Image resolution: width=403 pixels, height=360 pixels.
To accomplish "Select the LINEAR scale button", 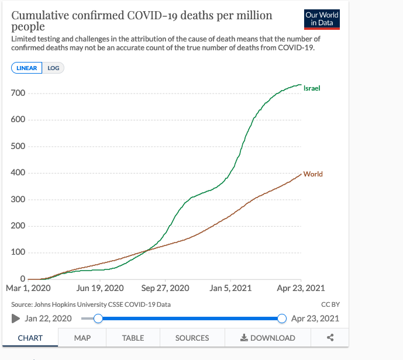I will coord(26,68).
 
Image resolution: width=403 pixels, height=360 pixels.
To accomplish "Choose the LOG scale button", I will coord(53,68).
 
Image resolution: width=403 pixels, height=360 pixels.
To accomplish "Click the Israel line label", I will coord(312,88).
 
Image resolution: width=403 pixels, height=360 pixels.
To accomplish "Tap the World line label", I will coord(313,174).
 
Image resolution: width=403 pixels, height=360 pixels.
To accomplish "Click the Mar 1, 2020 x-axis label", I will coord(28,288).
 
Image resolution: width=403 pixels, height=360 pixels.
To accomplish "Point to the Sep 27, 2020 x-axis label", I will coord(165,288).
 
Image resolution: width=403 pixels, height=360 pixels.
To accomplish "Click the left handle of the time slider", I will coord(98,319).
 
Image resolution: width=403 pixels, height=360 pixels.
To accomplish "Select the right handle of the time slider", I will coord(282,319).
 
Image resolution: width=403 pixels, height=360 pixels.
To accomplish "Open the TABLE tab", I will coord(133,338).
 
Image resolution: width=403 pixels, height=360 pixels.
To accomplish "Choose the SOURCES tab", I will coord(192,338).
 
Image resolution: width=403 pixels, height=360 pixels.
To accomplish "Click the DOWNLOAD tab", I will coord(268,338).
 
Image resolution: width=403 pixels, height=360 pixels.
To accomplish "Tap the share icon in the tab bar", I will coord(330,338).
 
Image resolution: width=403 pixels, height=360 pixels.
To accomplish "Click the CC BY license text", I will coord(330,304).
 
